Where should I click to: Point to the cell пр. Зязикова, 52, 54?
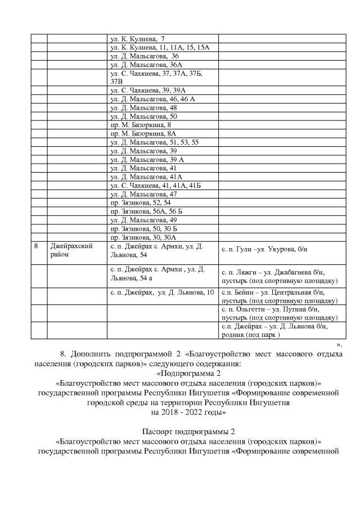141,202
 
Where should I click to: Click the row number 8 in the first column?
37,246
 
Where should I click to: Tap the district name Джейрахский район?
70,251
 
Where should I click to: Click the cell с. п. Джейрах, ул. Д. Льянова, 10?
163,292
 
